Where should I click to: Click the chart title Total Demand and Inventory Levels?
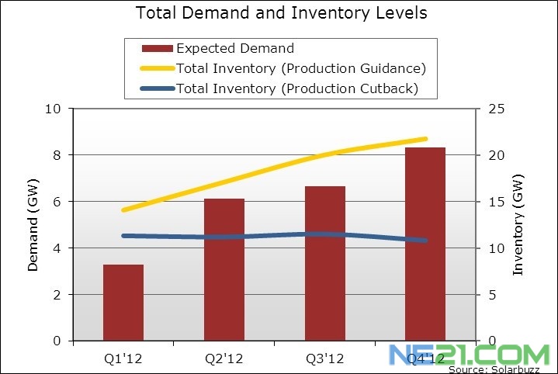coord(281,13)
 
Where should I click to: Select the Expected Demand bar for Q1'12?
coord(123,303)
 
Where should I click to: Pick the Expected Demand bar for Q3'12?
coord(324,264)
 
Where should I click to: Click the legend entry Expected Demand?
coord(235,48)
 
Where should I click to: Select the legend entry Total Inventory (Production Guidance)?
coord(301,68)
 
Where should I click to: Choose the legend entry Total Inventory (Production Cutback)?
coord(297,88)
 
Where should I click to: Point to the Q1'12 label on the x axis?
coord(123,358)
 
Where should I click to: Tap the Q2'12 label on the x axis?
coord(224,358)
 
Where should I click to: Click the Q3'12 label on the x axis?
coord(324,358)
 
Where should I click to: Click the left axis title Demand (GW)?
coord(33,231)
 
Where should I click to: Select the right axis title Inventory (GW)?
coord(518,226)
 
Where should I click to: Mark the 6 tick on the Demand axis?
coord(57,202)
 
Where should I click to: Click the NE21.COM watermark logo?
coord(469,355)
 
